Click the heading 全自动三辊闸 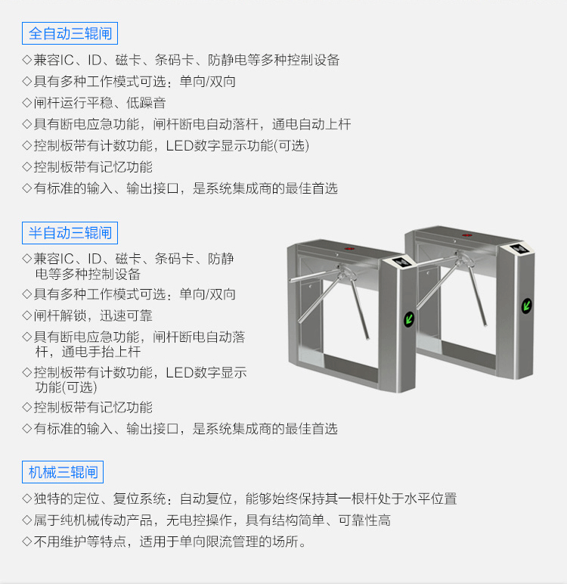pos(70,34)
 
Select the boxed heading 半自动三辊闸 pos(70,232)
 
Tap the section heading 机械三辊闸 pos(63,473)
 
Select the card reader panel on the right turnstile pos(520,250)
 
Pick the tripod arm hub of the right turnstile pos(461,261)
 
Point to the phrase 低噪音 pos(147,103)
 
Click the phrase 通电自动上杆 pos(311,124)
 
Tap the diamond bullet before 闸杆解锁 pos(27,315)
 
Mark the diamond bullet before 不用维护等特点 pos(27,542)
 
